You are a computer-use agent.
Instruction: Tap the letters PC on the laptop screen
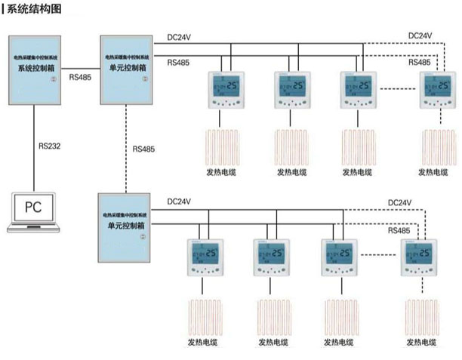tap(35, 206)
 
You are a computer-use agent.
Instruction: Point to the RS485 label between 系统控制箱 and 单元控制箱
tap(82, 77)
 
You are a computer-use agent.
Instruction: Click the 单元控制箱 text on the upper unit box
tap(127, 67)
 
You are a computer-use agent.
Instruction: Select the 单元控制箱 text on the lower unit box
tap(126, 226)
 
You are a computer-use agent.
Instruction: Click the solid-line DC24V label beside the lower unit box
tap(179, 202)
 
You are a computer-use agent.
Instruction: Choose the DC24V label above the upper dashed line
tap(420, 35)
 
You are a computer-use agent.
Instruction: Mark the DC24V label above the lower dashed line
tap(399, 202)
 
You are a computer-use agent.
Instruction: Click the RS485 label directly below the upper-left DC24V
tap(179, 63)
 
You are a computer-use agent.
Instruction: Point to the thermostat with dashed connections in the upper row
tap(438, 91)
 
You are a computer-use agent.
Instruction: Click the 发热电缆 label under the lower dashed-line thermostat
tap(417, 343)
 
